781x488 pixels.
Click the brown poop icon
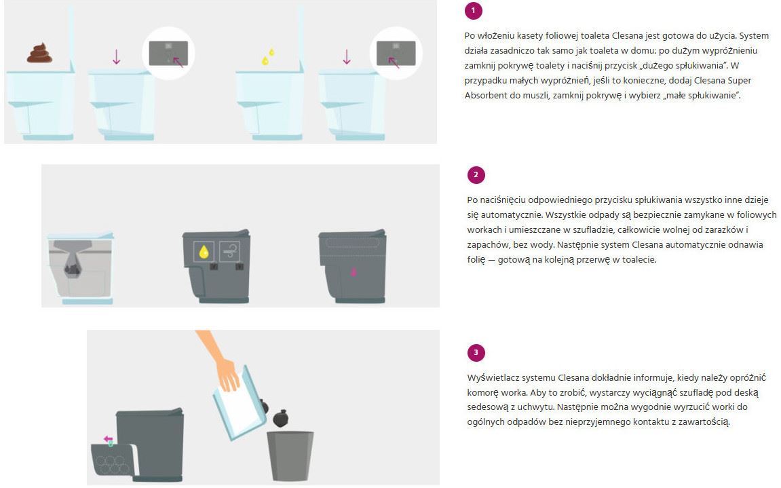39,53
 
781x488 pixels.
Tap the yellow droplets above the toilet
269,57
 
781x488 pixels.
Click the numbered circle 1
473,10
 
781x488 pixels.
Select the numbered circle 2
476,175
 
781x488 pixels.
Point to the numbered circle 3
476,352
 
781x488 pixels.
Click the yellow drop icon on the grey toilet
204,252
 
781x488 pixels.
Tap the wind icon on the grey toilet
229,252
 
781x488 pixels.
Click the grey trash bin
290,456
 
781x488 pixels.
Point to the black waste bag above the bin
281,419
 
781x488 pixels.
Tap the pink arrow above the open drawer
108,439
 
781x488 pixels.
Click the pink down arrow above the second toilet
117,56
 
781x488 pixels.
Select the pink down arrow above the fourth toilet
347,56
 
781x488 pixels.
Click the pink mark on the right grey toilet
354,271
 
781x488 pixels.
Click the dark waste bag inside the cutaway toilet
73,269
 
